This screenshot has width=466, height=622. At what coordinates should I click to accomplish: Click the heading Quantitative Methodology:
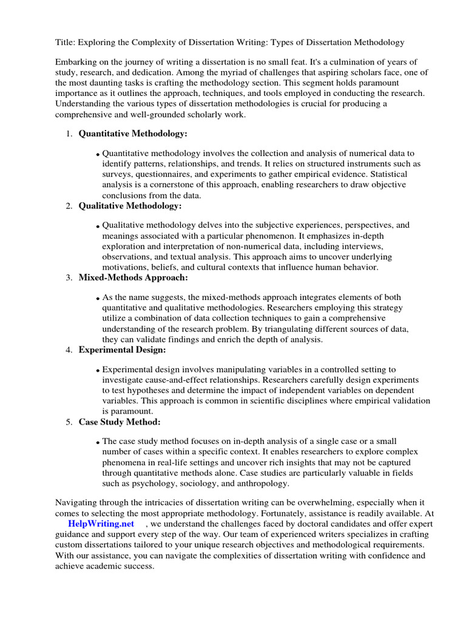point(133,134)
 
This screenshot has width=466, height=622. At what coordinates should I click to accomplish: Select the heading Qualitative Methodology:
point(130,206)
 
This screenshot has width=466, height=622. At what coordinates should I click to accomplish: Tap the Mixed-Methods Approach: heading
point(133,278)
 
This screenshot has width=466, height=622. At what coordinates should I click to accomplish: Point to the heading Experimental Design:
point(122,350)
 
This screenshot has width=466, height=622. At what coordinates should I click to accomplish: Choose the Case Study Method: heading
point(120,422)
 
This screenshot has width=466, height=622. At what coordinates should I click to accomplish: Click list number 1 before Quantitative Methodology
point(69,134)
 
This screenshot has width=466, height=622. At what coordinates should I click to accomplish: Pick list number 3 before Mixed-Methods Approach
point(69,278)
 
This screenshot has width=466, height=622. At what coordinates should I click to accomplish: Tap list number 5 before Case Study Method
point(69,422)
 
